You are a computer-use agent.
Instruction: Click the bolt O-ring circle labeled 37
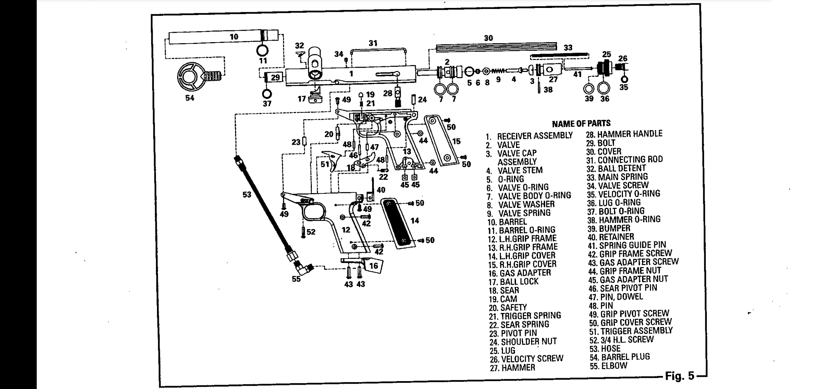pos(267,94)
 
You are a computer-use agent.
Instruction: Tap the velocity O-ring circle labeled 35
pos(624,79)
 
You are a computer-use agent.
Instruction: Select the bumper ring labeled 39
pos(589,88)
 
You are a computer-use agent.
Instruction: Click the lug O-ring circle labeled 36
pos(604,88)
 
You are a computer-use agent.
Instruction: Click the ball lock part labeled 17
pos(315,96)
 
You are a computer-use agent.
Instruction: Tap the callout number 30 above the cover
pos(488,38)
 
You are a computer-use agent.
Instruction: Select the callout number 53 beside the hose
pos(247,194)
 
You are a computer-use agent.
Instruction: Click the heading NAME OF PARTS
pos(581,124)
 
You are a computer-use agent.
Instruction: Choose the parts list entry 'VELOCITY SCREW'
pos(532,359)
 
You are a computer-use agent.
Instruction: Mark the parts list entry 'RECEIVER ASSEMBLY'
pos(535,136)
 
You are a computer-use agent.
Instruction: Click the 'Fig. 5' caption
pos(679,376)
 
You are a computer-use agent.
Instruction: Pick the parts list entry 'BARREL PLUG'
pos(625,357)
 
